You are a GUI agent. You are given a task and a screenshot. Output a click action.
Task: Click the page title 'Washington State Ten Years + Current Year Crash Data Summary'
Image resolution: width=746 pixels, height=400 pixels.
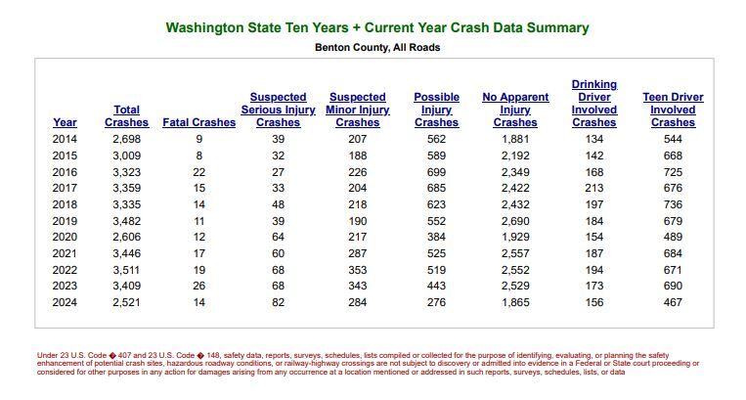[377, 27]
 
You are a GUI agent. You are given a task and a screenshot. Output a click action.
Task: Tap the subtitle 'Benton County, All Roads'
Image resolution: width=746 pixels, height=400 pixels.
[377, 47]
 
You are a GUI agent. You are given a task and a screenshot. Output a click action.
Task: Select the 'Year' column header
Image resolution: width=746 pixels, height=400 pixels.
[65, 122]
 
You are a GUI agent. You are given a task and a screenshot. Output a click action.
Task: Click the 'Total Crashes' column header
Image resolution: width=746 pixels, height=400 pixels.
[126, 116]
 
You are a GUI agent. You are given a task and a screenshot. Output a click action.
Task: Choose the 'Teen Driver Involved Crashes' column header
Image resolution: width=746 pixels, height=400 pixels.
[673, 110]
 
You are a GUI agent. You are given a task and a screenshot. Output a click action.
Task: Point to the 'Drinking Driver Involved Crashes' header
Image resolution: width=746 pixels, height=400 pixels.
[593, 104]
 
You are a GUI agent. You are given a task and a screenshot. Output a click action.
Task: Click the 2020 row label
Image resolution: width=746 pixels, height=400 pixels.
[65, 237]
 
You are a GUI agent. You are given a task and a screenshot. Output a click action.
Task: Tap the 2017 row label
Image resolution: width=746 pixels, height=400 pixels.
[65, 188]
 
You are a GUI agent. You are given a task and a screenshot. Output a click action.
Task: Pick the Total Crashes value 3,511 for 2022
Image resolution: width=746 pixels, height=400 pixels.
[127, 269]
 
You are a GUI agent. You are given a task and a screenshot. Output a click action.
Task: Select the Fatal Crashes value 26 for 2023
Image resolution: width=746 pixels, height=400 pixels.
[199, 286]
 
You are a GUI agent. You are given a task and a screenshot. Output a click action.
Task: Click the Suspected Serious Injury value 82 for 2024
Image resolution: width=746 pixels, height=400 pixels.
[279, 302]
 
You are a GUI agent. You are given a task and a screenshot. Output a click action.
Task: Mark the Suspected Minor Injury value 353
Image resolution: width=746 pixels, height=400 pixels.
[358, 269]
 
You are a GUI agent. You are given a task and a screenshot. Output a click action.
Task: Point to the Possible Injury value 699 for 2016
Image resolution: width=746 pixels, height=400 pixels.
[436, 172]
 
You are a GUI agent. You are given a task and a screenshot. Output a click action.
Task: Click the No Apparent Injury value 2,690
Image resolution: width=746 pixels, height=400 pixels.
[515, 221]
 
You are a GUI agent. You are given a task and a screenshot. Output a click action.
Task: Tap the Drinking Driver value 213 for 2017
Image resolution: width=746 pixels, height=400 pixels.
[594, 188]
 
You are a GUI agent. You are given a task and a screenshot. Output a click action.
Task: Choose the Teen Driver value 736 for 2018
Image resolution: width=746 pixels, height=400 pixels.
[673, 204]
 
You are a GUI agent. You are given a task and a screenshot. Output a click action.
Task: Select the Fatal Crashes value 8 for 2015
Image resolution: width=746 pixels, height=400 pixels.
[199, 156]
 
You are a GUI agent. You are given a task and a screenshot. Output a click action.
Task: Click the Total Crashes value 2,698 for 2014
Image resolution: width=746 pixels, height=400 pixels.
[127, 139]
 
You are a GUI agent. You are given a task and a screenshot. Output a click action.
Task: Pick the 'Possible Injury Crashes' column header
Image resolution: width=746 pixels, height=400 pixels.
[436, 110]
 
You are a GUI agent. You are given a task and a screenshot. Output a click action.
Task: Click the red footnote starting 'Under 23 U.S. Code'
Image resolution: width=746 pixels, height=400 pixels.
[377, 363]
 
